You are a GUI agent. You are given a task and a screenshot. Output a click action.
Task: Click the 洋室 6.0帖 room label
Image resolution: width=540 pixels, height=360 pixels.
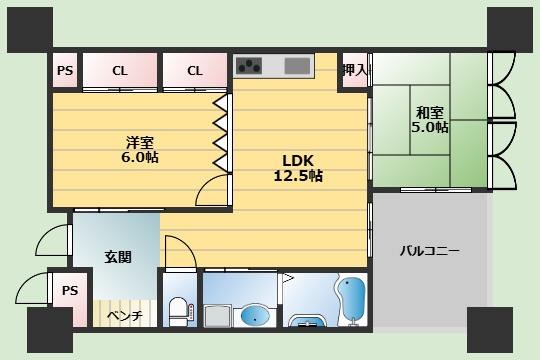pyautogui.click(x=141, y=149)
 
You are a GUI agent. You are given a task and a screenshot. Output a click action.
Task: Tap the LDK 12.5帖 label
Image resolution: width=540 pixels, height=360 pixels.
pyautogui.click(x=298, y=167)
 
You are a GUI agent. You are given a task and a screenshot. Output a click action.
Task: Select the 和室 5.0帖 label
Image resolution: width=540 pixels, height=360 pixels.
pyautogui.click(x=429, y=120)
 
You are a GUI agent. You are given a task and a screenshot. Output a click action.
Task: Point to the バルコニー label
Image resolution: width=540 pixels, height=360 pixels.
pyautogui.click(x=430, y=250)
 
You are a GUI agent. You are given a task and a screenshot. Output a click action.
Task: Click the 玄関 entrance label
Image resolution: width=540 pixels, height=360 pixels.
pyautogui.click(x=117, y=256)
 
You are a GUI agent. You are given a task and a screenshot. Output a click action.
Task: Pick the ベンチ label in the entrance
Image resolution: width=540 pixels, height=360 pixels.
pyautogui.click(x=125, y=316)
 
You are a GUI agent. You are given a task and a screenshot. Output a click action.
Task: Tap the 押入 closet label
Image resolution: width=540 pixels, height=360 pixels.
pyautogui.click(x=354, y=70)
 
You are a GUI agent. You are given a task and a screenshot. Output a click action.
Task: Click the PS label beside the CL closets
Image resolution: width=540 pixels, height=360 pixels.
pyautogui.click(x=65, y=70)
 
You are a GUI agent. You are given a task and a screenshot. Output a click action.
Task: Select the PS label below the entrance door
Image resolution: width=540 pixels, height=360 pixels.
pyautogui.click(x=69, y=291)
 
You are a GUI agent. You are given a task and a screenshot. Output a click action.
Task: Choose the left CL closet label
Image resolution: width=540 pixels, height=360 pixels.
pyautogui.click(x=120, y=70)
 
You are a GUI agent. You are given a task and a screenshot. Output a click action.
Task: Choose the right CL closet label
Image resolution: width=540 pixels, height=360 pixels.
pyautogui.click(x=194, y=70)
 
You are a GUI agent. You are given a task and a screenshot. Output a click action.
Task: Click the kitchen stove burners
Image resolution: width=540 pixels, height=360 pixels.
pyautogui.click(x=249, y=67)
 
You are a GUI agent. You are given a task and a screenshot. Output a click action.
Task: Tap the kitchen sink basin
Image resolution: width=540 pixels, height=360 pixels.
pyautogui.click(x=297, y=67)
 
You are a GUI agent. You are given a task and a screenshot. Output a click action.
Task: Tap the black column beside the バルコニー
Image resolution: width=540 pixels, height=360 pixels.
pyautogui.click(x=490, y=329)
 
